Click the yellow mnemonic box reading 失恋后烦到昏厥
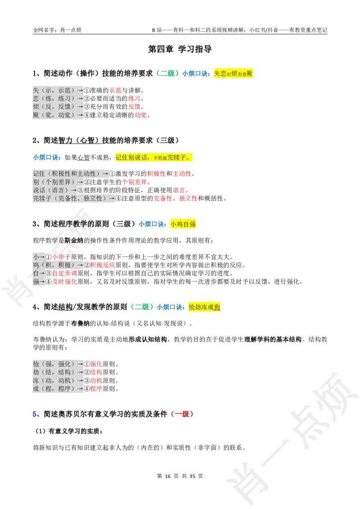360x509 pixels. coord(234,73)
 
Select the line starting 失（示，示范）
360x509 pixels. coord(58,90)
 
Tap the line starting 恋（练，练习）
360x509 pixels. coord(58,98)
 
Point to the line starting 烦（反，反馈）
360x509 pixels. coord(58,107)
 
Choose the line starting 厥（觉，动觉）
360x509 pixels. coord(58,115)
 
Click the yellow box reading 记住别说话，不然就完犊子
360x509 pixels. coord(153,157)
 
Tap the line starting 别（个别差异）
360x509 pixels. coord(58,182)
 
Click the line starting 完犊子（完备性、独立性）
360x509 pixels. coord(74,198)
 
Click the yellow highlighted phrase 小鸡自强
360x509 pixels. coord(184,224)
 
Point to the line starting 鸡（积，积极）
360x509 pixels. coord(58,265)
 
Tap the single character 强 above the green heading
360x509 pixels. coord(36,282)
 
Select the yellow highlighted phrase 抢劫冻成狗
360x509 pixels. coord(205,307)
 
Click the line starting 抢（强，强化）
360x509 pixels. coord(58,364)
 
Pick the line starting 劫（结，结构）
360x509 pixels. coord(58,372)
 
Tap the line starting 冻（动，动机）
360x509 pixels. coord(58,380)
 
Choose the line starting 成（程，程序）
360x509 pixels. coord(58,389)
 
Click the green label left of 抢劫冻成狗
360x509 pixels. coord(142,307)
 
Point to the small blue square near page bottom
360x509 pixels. coord(36,414)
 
